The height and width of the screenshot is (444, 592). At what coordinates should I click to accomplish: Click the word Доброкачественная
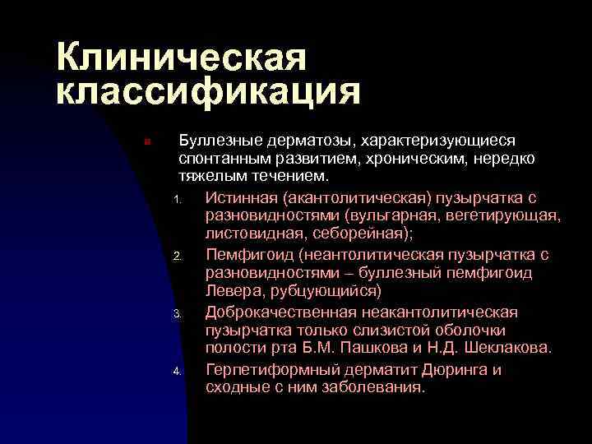click(280, 312)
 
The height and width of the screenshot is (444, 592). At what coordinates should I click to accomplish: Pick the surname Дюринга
click(456, 368)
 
